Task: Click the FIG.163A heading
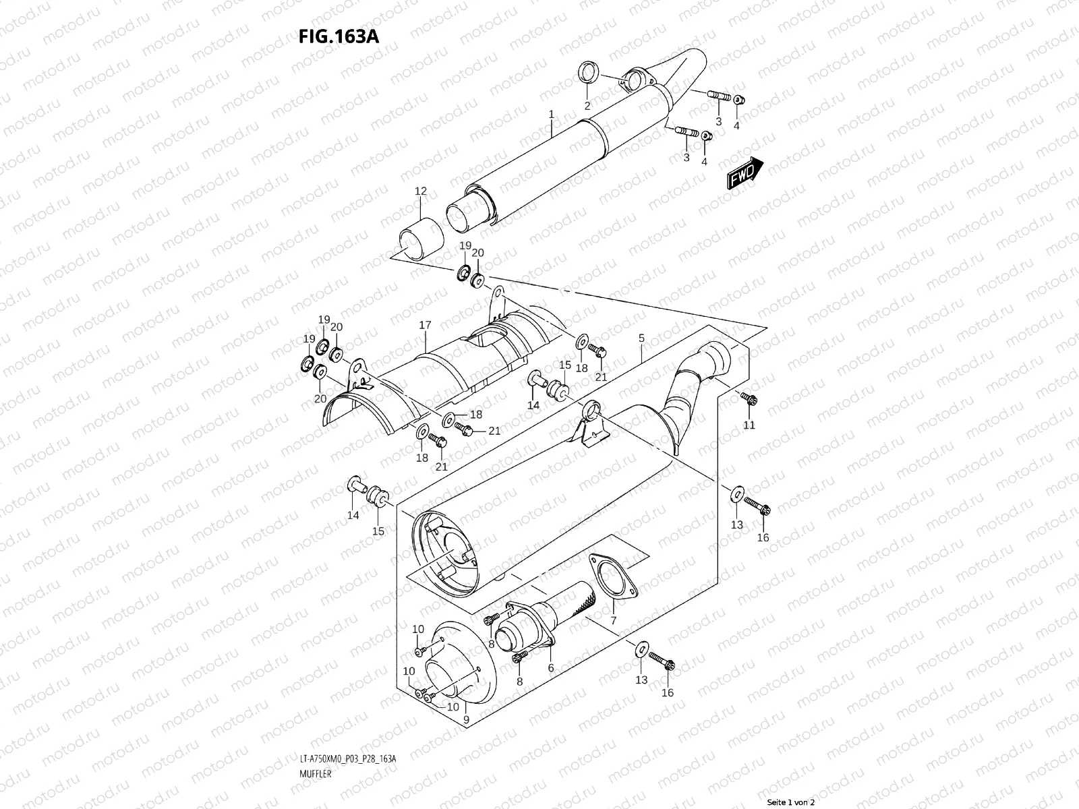339,36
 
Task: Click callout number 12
420,191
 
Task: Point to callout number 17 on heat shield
425,325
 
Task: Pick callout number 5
641,337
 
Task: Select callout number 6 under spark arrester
550,668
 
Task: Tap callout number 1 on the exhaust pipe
551,115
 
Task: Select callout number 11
749,425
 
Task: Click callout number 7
614,620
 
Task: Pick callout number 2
587,106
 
